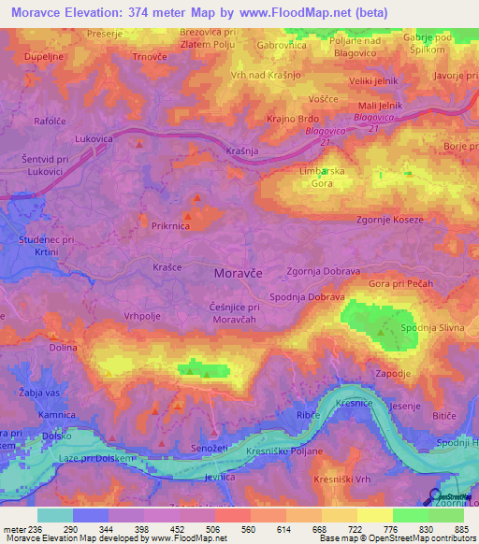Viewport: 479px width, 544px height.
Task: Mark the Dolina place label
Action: pos(64,347)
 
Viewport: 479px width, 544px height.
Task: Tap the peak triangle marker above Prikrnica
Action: pos(196,198)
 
